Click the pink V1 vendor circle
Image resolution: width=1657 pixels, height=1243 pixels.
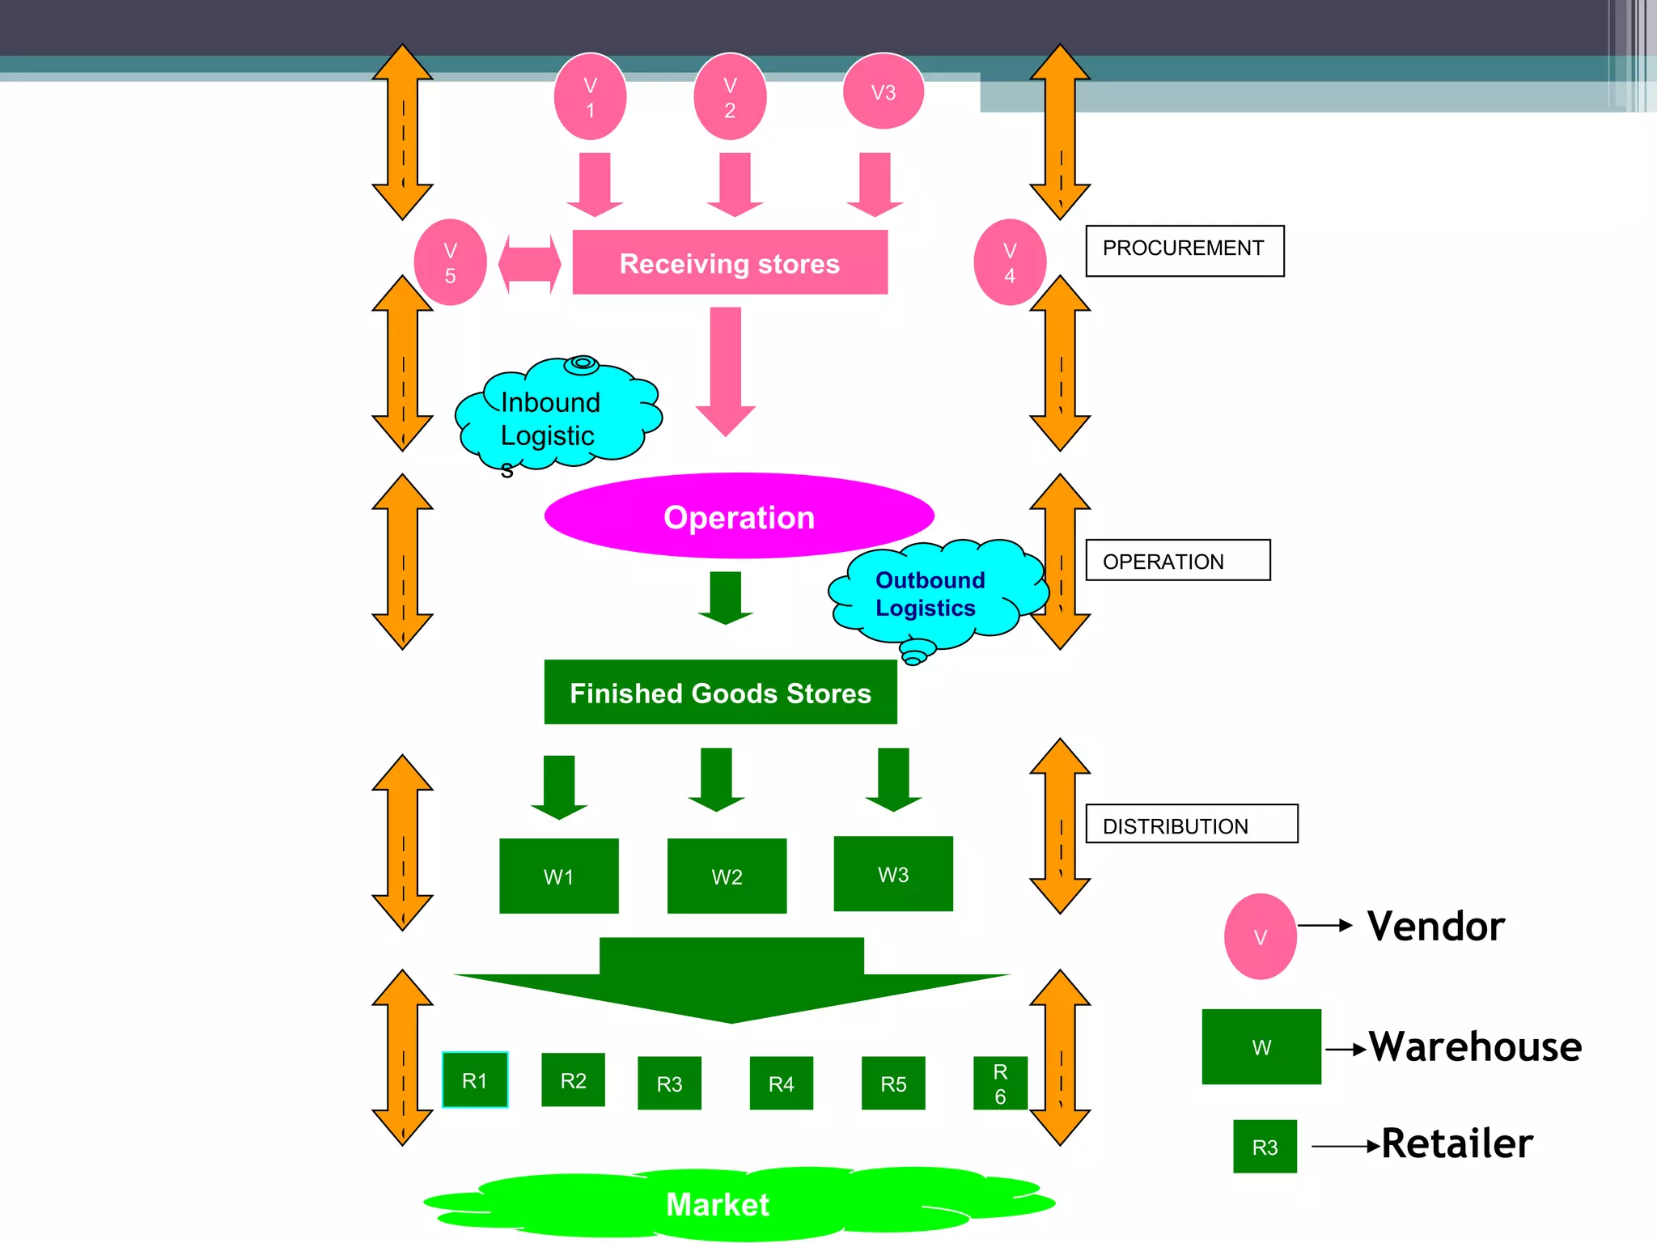click(x=590, y=97)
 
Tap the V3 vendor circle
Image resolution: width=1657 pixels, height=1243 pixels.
click(x=883, y=92)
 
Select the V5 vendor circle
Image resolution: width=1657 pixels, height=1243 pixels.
click(x=450, y=262)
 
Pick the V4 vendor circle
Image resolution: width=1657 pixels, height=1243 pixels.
click(x=1010, y=262)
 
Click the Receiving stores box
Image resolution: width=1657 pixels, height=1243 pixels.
click(x=730, y=262)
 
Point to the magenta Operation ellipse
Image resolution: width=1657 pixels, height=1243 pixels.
click(x=739, y=516)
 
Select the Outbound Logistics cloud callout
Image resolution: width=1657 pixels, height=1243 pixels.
click(x=934, y=595)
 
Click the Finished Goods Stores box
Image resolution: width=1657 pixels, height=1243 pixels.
click(x=720, y=693)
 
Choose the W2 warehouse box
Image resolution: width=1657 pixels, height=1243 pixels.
click(x=727, y=876)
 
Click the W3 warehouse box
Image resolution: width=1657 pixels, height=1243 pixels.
click(x=893, y=874)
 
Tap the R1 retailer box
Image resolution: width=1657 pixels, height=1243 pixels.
click(x=475, y=1080)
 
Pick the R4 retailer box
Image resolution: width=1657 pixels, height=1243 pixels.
click(x=781, y=1083)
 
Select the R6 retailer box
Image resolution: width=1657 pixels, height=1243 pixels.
click(x=1000, y=1083)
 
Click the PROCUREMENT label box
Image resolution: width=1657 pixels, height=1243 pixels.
click(x=1184, y=251)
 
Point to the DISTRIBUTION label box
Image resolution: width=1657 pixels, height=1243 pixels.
click(x=1191, y=824)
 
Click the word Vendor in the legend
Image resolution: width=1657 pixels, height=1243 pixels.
click(x=1435, y=926)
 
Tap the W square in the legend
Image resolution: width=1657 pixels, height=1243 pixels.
click(x=1261, y=1046)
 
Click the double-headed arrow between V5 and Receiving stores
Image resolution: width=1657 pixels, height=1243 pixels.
click(x=529, y=264)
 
